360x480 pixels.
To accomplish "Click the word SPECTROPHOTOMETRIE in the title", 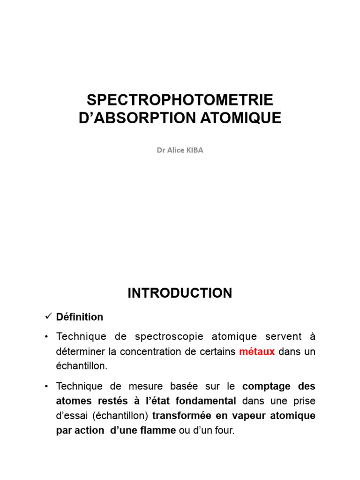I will coord(180,100).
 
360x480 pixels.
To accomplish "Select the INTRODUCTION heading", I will coord(180,293).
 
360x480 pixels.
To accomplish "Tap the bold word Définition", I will coord(80,317).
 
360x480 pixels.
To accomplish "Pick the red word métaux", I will coord(257,352).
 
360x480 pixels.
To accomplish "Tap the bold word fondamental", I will coord(206,401).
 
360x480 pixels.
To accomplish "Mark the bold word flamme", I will coord(158,431).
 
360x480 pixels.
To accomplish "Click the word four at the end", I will coord(223,431).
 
